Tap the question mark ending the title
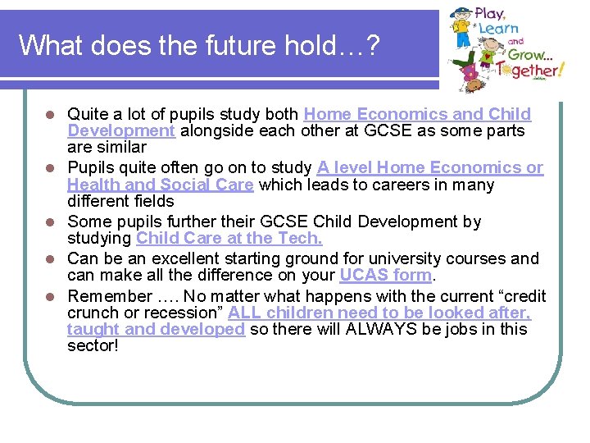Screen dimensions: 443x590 coord(373,45)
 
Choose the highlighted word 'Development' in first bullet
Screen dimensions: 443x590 coord(121,131)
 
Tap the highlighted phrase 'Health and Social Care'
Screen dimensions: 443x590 coord(161,185)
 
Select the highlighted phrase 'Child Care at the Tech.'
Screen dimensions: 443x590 coord(229,238)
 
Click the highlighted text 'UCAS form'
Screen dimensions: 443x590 coord(385,275)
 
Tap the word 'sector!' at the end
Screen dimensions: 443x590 coord(93,346)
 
